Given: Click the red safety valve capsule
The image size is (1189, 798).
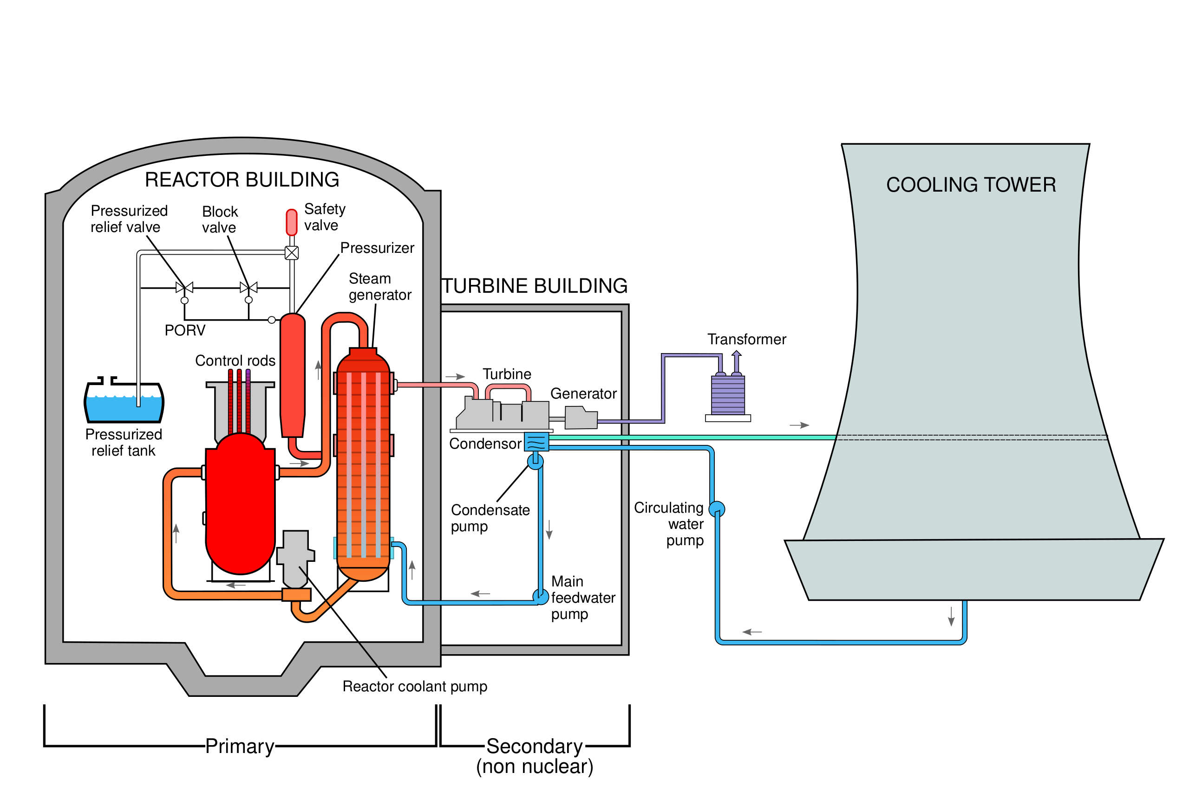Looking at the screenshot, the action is pos(292,222).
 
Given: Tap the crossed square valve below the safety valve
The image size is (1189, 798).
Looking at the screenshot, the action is pos(292,253).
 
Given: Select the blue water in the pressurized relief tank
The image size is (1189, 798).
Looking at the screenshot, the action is pos(124,408).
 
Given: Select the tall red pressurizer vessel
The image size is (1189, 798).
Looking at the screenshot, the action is pos(293,375).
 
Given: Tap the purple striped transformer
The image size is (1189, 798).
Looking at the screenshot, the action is pos(728,395).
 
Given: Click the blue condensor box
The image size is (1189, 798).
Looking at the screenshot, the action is pos(536,441).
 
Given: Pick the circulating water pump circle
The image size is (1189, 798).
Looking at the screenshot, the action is pos(717,509).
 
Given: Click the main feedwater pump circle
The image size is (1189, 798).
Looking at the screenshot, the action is pos(541,596).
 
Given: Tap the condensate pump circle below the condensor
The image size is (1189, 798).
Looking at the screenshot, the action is pos(535,462).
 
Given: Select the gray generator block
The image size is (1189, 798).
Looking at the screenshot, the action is pos(581,417).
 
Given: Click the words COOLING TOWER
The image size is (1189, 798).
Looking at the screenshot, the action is pos(971,185).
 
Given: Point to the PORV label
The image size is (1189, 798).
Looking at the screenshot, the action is pos(185,330).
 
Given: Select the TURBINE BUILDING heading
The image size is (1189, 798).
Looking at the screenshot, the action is pos(535,286).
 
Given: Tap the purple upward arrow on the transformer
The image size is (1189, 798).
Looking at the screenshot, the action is pos(737,362).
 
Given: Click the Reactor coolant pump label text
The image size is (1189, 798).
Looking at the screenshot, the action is pos(415,687).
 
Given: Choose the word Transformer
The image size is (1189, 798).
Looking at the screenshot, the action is pos(747,339).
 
